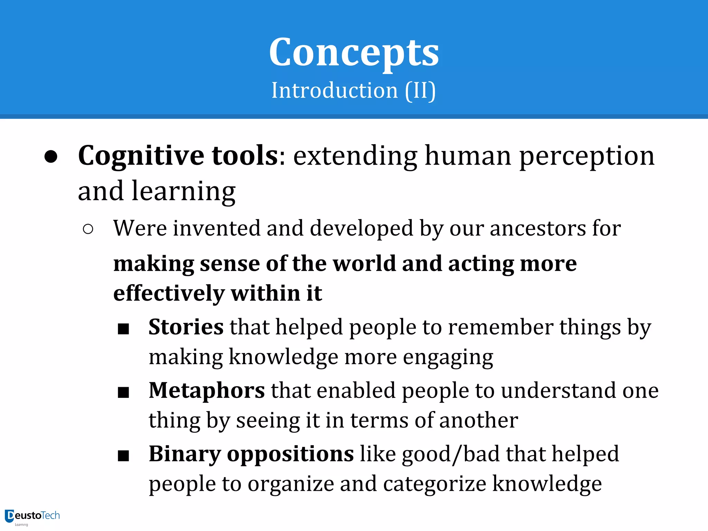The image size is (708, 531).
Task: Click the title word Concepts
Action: coord(354,53)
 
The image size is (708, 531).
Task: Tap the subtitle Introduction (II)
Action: coord(353,91)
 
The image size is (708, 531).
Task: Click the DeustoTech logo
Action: coord(32,516)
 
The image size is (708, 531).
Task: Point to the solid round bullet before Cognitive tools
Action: coord(51,157)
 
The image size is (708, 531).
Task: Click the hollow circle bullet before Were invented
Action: coord(88,229)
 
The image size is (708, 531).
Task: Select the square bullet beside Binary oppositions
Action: coord(123,456)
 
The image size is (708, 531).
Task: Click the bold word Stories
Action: coord(186,327)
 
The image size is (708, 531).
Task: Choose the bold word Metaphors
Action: coord(207,391)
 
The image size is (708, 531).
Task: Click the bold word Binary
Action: coord(185,454)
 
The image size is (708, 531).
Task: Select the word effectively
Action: coord(169,294)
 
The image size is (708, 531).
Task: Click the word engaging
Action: coord(448,357)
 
